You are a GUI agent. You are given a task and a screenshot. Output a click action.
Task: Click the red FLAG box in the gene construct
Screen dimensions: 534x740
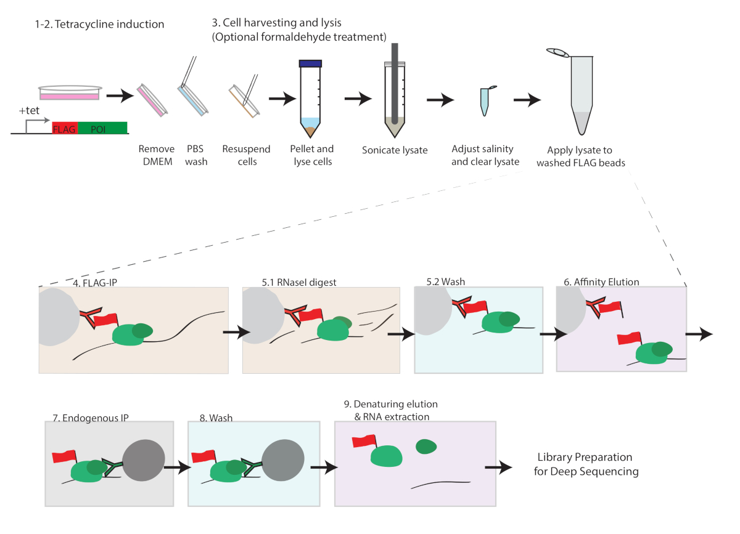[65, 128]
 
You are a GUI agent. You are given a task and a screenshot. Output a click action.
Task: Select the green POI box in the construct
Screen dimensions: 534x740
[102, 128]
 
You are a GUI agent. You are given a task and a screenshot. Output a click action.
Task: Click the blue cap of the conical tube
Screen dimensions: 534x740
[311, 63]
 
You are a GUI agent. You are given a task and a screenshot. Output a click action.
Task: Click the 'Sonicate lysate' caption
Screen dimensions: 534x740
[395, 150]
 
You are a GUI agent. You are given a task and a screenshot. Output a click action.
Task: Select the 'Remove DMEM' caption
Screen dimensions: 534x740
[157, 155]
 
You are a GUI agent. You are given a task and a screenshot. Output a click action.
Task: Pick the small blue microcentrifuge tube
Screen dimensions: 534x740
[485, 100]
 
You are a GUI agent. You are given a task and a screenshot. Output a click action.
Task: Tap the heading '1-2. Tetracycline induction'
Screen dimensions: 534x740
[99, 25]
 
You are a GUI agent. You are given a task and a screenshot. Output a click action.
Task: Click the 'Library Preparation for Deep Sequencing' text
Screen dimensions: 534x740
[585, 464]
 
